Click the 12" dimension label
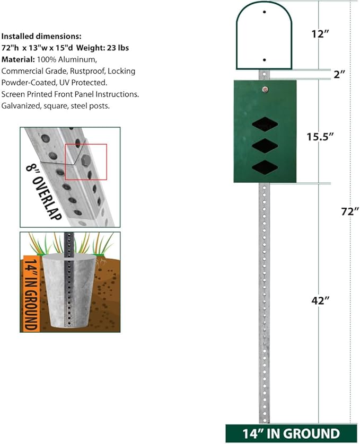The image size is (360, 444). (320, 34)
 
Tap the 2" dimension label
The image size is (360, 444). (339, 75)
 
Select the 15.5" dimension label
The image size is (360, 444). (320, 137)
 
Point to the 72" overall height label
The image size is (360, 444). (350, 211)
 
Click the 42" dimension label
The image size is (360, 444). (320, 300)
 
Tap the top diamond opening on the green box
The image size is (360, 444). (265, 125)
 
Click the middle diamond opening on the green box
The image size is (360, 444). (265, 146)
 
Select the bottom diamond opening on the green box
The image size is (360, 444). (265, 167)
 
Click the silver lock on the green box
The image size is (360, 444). (265, 90)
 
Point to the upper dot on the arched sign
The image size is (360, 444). (264, 12)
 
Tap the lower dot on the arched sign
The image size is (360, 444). (264, 60)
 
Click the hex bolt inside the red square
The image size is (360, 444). (85, 161)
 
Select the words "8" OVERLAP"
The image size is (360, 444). (43, 192)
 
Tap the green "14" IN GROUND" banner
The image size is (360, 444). (291, 433)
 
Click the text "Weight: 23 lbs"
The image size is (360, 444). (103, 48)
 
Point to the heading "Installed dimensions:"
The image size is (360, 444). (41, 36)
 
